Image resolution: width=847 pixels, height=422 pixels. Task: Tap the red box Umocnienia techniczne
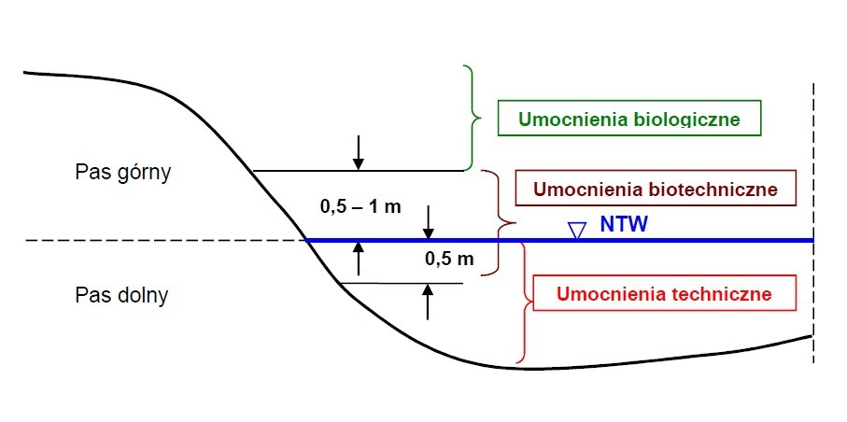tap(663, 294)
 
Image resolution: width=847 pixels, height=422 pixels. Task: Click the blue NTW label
tap(624, 225)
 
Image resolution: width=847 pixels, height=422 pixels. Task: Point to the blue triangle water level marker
tap(577, 230)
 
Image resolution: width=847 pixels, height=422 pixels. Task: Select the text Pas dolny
tap(121, 295)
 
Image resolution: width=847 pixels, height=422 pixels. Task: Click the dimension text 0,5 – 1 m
tap(360, 206)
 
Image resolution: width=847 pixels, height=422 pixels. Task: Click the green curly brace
tap(472, 119)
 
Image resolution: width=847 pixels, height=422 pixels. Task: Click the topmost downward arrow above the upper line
tap(358, 153)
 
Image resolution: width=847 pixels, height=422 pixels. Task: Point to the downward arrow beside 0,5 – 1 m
tap(428, 221)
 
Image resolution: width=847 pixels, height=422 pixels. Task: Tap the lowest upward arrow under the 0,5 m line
tap(428, 302)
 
